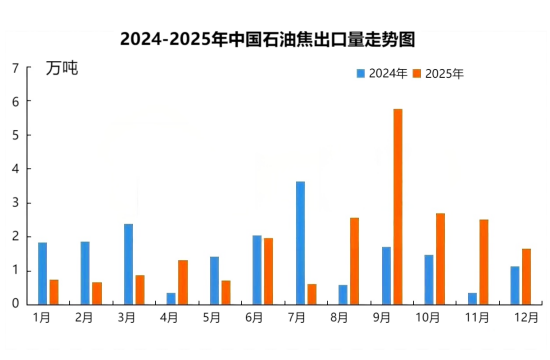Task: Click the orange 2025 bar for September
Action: pos(398,206)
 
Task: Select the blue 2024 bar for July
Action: pos(300,242)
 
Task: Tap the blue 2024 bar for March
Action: pos(128,263)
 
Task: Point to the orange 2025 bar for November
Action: pos(484,261)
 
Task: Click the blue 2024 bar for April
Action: pos(171,298)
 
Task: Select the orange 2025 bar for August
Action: pos(355,260)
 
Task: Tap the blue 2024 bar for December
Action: pos(515,285)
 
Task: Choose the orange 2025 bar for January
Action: pos(54,291)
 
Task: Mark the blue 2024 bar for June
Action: pos(257,269)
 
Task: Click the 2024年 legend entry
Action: pos(381,73)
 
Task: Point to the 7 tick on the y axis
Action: pos(15,68)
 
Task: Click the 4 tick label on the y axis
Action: pos(15,169)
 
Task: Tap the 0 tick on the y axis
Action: pos(15,304)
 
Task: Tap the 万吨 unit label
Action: pos(61,69)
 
